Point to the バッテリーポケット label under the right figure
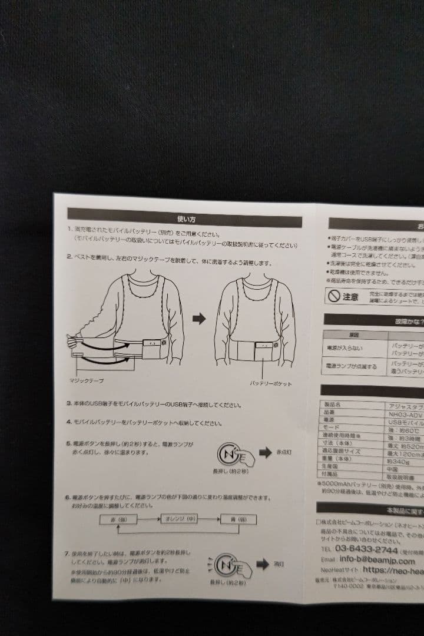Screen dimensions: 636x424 [x=270, y=383]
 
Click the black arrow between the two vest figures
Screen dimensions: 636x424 [x=199, y=319]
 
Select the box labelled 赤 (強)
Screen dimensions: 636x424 [x=121, y=519]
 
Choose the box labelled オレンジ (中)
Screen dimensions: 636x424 [x=178, y=519]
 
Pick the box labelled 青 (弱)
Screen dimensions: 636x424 [x=238, y=520]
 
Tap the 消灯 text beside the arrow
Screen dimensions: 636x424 [x=279, y=564]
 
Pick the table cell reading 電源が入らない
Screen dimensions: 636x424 [x=347, y=347]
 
